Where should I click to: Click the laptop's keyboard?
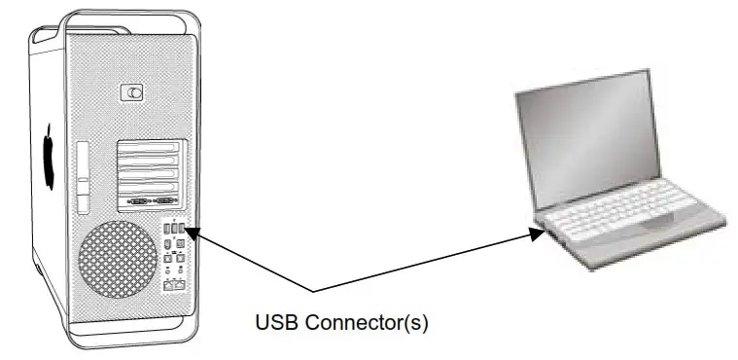[633, 207]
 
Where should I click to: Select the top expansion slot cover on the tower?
[150, 148]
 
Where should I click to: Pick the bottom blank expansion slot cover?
[150, 185]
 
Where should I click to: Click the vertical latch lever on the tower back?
[84, 175]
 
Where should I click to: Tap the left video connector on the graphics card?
[137, 201]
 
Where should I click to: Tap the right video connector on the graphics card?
[164, 201]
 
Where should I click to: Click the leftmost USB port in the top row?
[167, 228]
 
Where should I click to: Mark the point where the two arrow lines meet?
[312, 292]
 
